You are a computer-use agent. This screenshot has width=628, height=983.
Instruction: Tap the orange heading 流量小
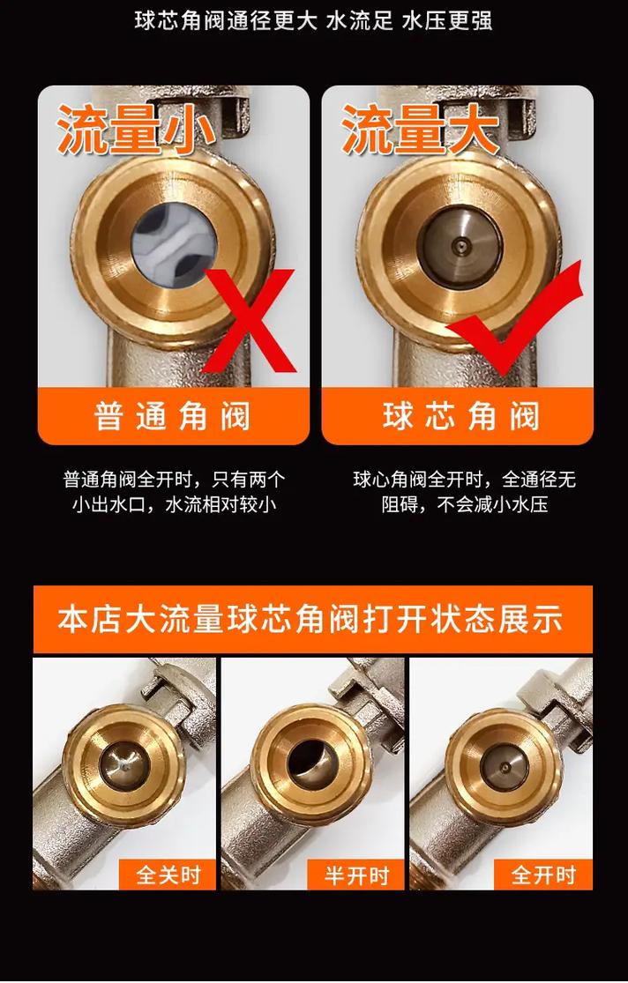pos(137,130)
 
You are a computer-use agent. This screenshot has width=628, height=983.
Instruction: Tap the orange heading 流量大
pos(421,130)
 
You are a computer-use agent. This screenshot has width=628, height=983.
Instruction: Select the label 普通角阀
pos(173,416)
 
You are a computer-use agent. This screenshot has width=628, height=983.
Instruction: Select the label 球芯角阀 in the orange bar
pos(461,416)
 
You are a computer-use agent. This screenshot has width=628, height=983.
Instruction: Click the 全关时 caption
pos(168,875)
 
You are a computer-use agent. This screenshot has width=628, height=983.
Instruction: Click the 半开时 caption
pos(356,875)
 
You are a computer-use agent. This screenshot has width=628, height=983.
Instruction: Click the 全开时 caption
pos(543,875)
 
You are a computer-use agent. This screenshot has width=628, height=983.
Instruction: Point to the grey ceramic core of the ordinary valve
pos(175,246)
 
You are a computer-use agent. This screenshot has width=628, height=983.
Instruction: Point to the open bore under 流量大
pos(461,246)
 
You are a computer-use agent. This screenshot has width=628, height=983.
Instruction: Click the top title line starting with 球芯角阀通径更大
pos(313,21)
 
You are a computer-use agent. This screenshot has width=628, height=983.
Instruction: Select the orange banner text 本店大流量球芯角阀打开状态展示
pos(310,619)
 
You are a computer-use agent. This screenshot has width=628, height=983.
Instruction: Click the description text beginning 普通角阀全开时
pos(174,492)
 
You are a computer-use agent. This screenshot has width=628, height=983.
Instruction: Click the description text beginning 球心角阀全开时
pos(464,492)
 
